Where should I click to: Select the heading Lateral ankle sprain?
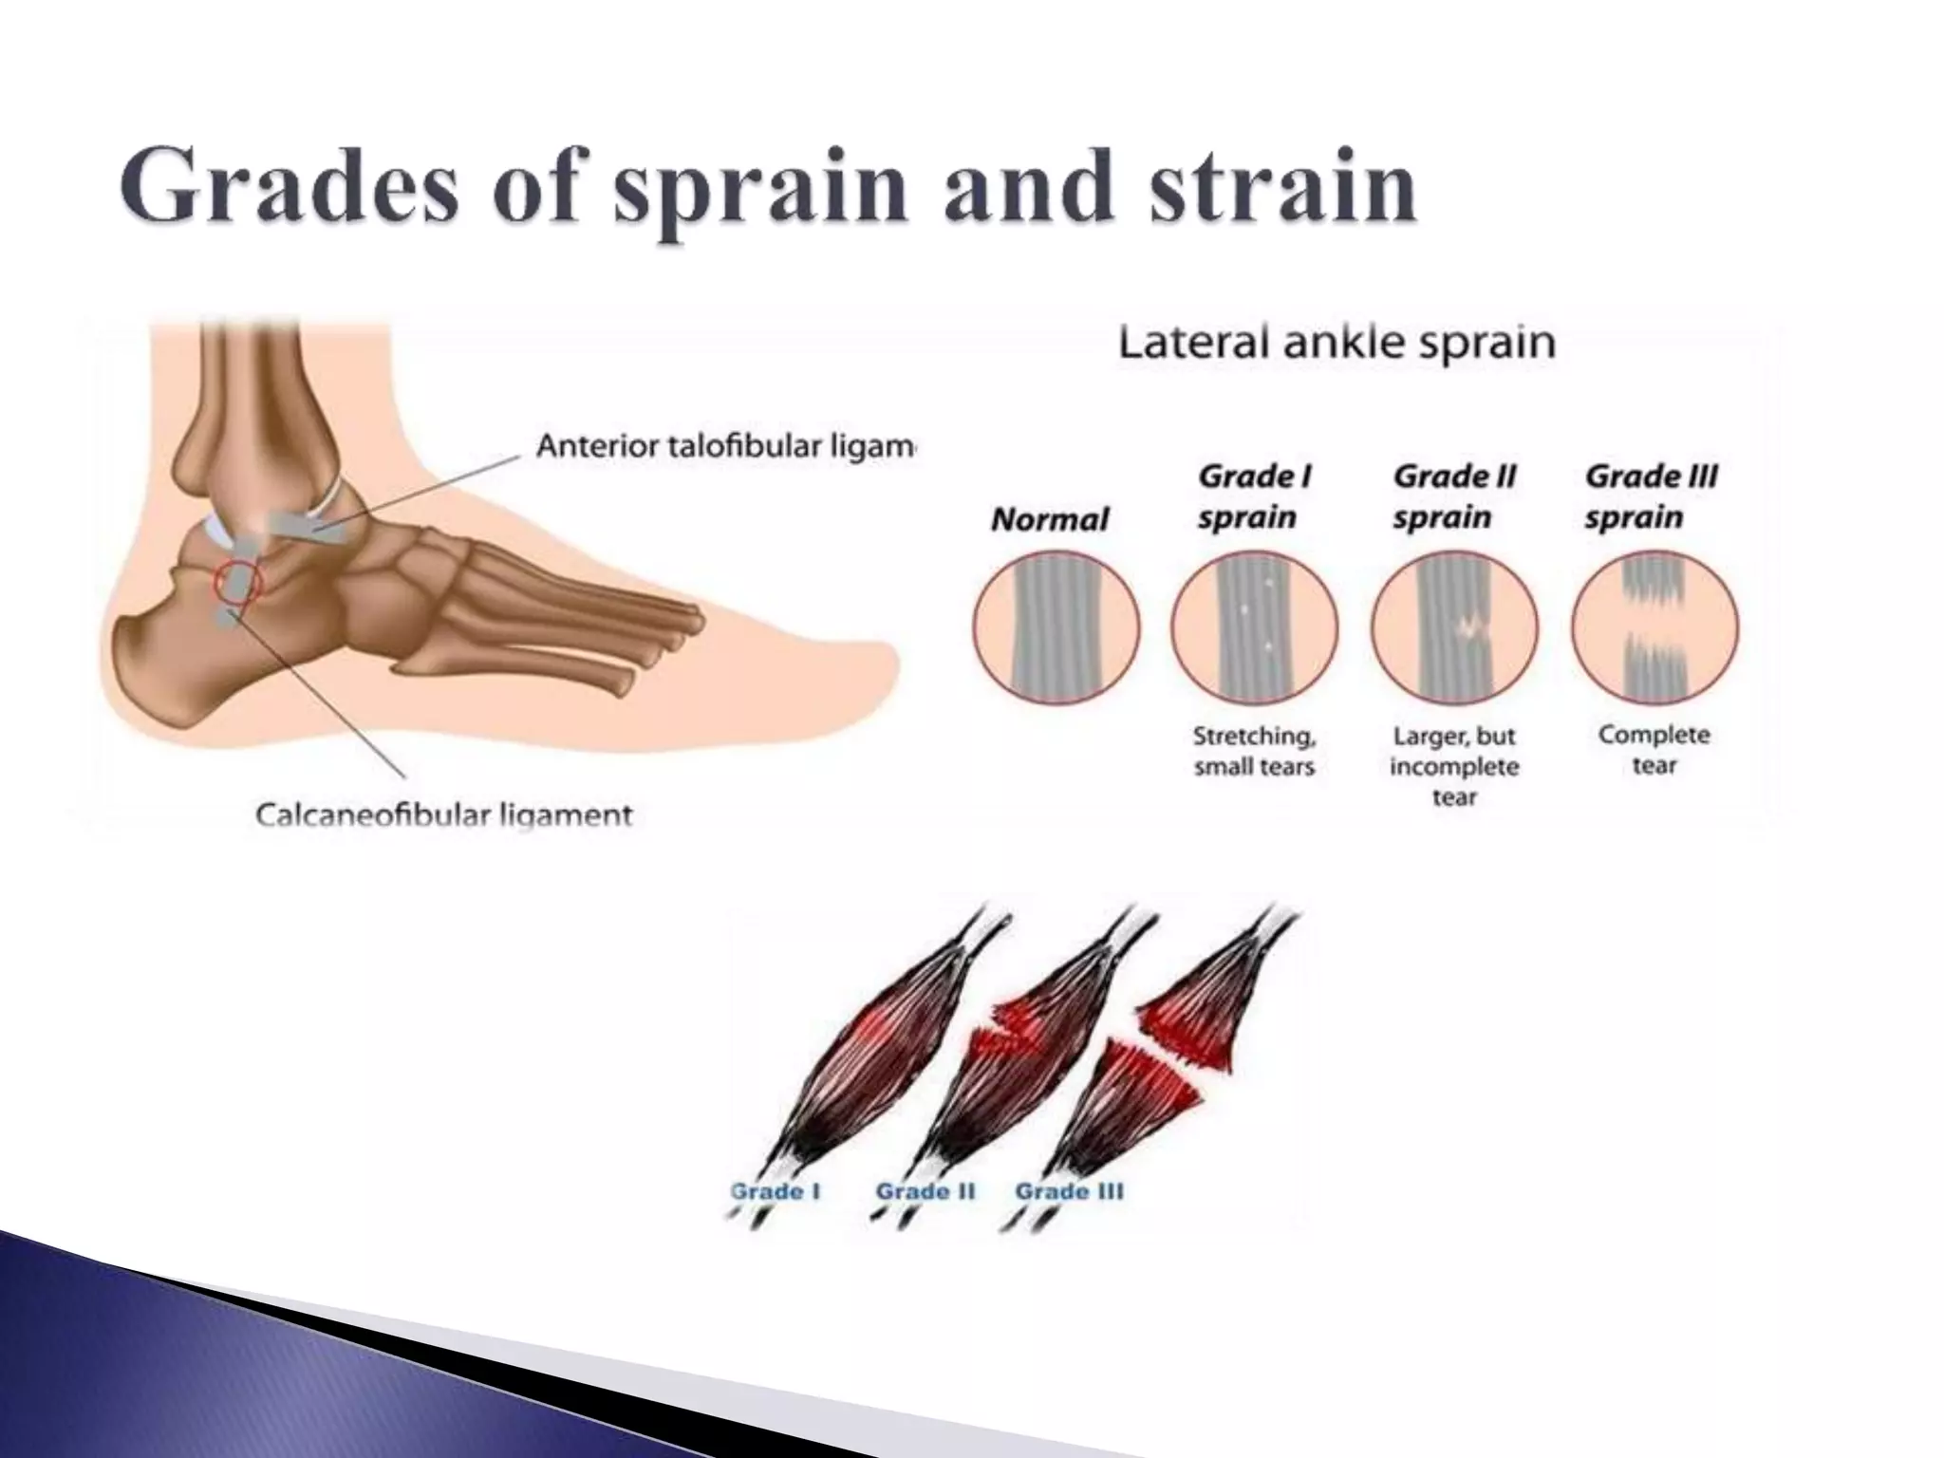tap(1336, 342)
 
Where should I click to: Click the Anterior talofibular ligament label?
tap(724, 446)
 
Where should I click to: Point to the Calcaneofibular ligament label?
tap(443, 814)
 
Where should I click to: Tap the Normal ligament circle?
tap(1056, 627)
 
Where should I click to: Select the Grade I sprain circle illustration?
tap(1254, 627)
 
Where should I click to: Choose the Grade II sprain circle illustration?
tap(1454, 627)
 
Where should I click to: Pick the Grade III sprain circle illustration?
tap(1654, 627)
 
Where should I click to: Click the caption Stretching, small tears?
tap(1254, 751)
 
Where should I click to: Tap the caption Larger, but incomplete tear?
tap(1454, 766)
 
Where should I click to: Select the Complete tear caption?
tap(1654, 750)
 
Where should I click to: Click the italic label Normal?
tap(1049, 519)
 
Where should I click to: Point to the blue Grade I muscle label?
tap(776, 1191)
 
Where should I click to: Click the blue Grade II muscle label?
tap(925, 1191)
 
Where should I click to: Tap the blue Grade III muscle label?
tap(1069, 1191)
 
